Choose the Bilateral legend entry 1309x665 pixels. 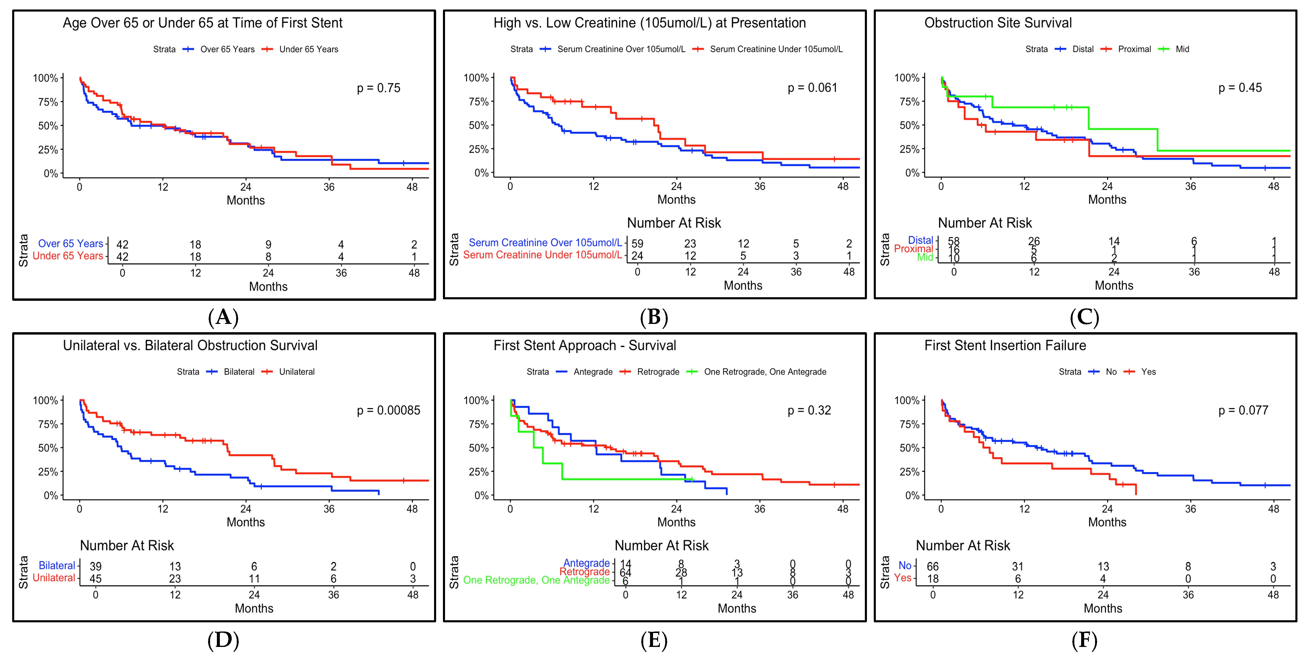239,372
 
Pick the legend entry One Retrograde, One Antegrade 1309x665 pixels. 765,372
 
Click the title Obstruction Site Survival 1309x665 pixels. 998,23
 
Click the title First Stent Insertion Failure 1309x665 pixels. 1005,346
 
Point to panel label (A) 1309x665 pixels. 223,317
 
